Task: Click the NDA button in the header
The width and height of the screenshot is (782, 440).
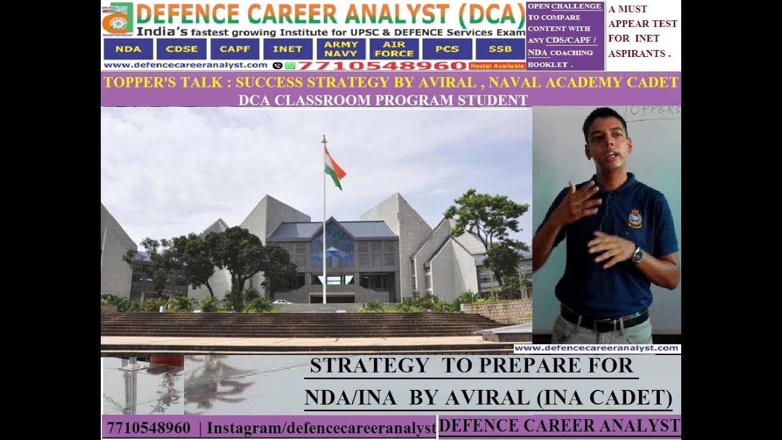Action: coord(128,49)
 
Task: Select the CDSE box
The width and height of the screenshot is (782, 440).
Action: coord(181,49)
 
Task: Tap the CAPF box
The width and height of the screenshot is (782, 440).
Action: coord(235,49)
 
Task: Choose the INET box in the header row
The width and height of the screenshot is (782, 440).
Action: coord(288,49)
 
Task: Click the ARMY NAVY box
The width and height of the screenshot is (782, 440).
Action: coord(341,49)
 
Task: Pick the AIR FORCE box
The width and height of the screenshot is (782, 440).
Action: coord(394,49)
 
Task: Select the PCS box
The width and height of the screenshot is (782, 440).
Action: coord(447,49)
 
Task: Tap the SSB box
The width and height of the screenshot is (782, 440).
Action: coord(500,49)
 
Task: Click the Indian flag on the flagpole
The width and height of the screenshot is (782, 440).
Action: coord(334,167)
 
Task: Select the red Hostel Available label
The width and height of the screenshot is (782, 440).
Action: coord(497,65)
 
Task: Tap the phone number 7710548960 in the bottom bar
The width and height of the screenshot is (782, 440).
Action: coord(148,428)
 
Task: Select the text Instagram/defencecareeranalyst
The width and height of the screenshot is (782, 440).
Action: coord(321,428)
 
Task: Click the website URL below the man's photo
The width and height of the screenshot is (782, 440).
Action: coord(596,348)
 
